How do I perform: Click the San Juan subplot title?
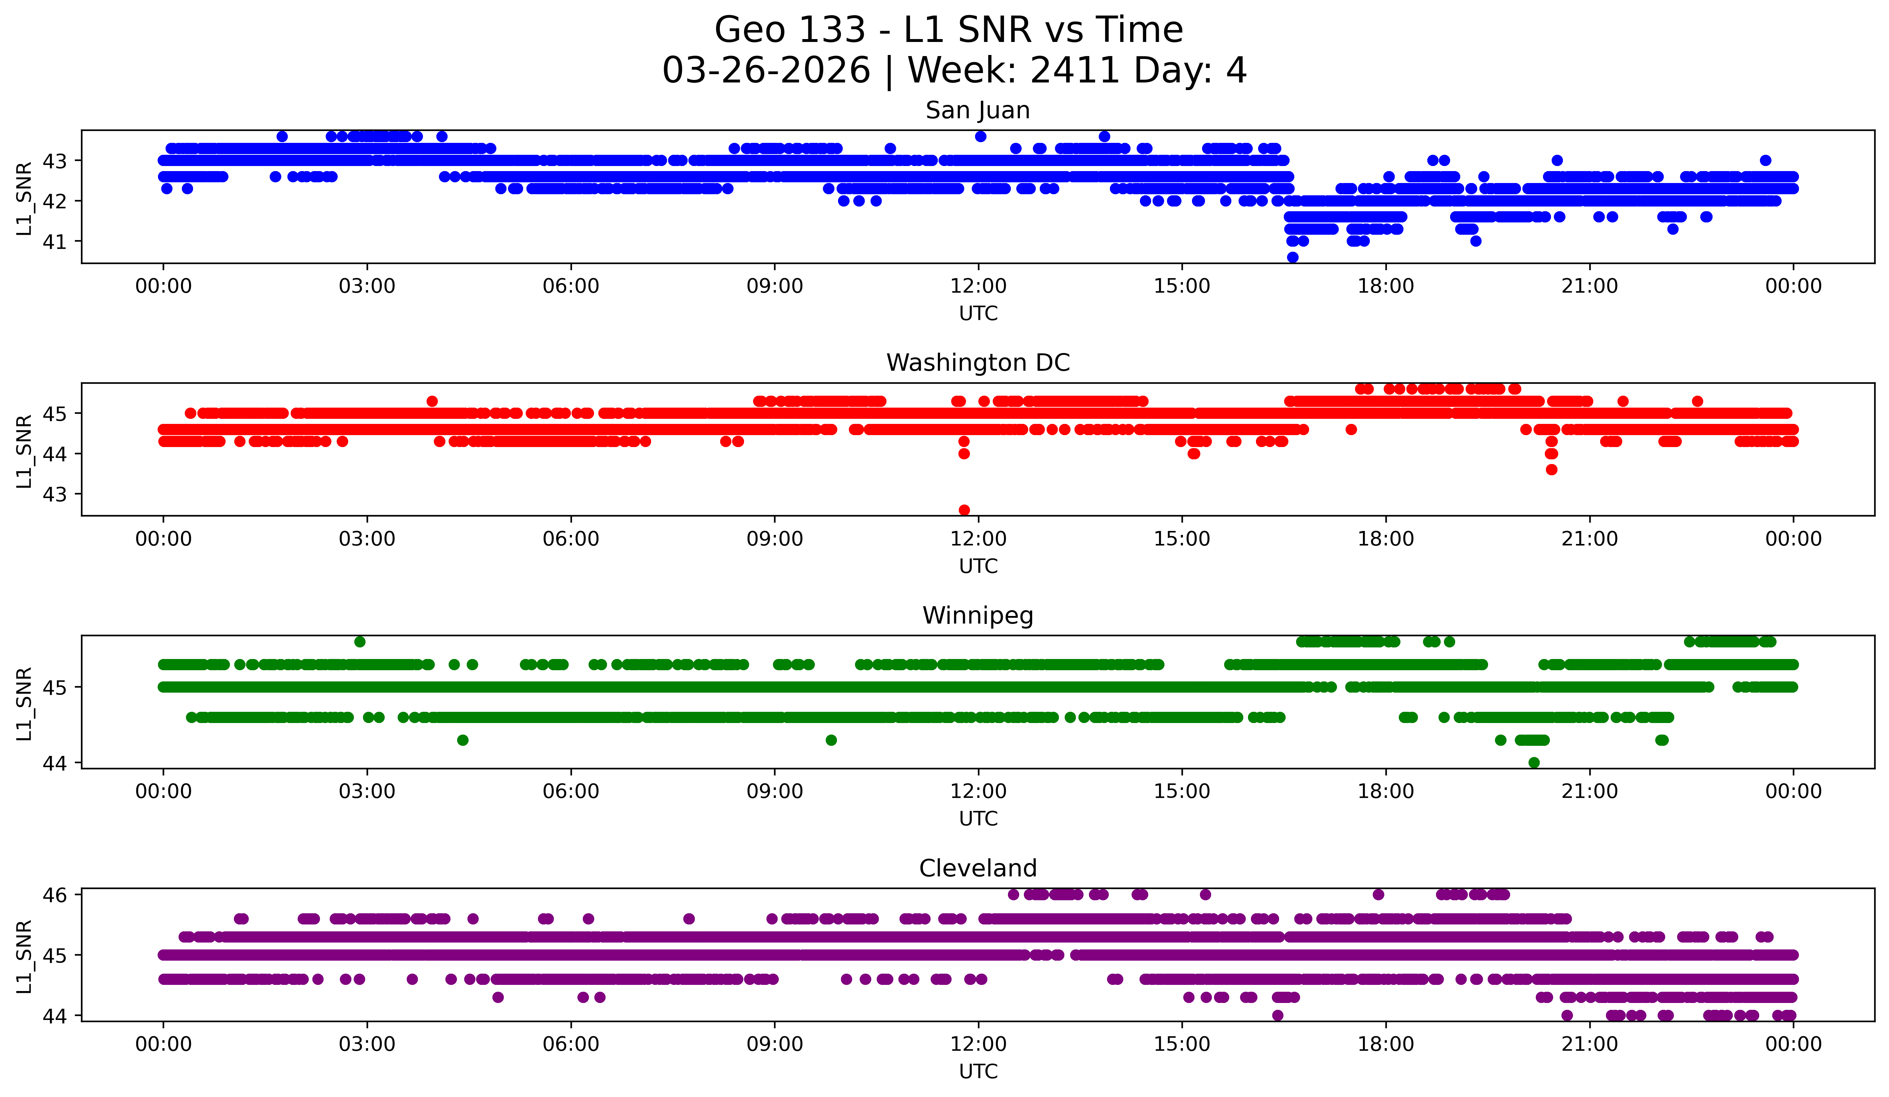978,110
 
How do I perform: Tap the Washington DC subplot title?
978,363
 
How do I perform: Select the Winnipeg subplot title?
978,616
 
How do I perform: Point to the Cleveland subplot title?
978,868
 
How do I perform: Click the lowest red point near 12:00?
964,510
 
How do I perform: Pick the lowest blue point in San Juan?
1292,257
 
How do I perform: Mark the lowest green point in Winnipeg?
1534,762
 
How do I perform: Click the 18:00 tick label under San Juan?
1385,286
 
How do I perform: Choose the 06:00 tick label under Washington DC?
570,539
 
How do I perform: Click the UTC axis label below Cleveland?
978,1072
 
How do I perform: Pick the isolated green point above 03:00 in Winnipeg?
360,641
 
